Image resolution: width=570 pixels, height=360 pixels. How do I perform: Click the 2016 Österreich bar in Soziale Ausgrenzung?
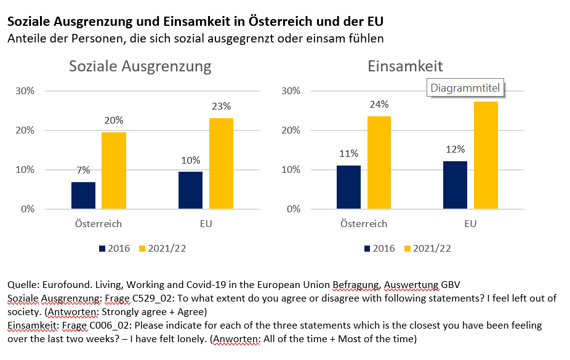[x=83, y=195]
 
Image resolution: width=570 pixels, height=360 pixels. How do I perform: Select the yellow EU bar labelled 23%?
[x=221, y=163]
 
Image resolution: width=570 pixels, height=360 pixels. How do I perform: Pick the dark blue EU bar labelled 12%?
[x=455, y=185]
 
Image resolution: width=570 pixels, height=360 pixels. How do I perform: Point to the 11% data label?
[x=348, y=153]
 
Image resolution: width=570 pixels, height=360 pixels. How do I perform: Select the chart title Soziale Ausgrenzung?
[x=140, y=66]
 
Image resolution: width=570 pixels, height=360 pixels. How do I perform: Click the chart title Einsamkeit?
[x=405, y=66]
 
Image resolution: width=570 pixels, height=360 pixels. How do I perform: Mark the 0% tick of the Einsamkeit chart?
[x=293, y=209]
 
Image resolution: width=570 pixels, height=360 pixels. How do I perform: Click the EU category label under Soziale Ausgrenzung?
[x=206, y=224]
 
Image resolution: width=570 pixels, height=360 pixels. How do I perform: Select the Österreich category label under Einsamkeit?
[x=364, y=224]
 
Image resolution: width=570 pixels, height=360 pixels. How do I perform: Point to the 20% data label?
[x=113, y=120]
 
